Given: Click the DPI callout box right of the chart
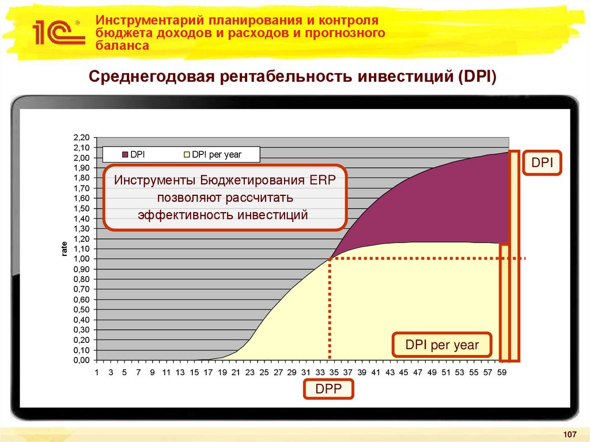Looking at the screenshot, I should pos(542,163).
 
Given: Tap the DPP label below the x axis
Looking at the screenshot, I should pos(328,390).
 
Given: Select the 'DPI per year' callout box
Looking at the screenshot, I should pos(442,345).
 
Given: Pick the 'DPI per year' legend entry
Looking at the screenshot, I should pos(217,154).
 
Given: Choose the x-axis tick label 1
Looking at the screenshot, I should pos(97,372).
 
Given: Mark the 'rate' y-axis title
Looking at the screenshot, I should pos(65,249).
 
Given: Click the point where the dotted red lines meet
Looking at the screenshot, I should pos(330,259).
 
